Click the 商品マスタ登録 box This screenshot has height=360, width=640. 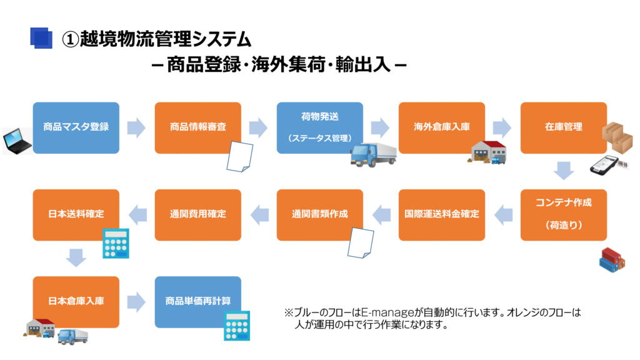[76, 127]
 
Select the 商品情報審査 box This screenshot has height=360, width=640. [198, 127]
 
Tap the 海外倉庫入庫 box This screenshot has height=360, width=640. [442, 127]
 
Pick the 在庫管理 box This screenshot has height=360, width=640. [564, 127]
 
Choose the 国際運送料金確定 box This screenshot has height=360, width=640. [442, 215]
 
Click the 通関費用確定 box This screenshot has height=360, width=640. [198, 215]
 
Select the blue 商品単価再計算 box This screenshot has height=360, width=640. [198, 302]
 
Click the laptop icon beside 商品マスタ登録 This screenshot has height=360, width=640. [17, 141]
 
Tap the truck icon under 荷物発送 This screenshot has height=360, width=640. [373, 154]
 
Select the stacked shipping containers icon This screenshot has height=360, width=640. [612, 259]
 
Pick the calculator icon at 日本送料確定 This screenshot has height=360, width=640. [116, 243]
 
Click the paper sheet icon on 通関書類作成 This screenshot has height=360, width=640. [361, 243]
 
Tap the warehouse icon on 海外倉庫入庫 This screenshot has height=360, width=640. [487, 152]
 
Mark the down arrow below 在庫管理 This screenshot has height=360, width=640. [564, 171]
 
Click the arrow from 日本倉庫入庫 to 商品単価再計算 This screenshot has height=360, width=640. [136, 302]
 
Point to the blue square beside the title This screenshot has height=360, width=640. [41, 38]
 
